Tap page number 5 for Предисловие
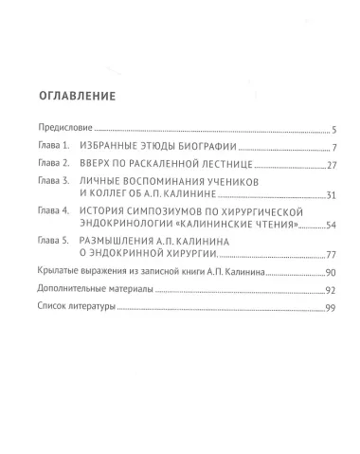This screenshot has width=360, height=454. coord(323,129)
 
